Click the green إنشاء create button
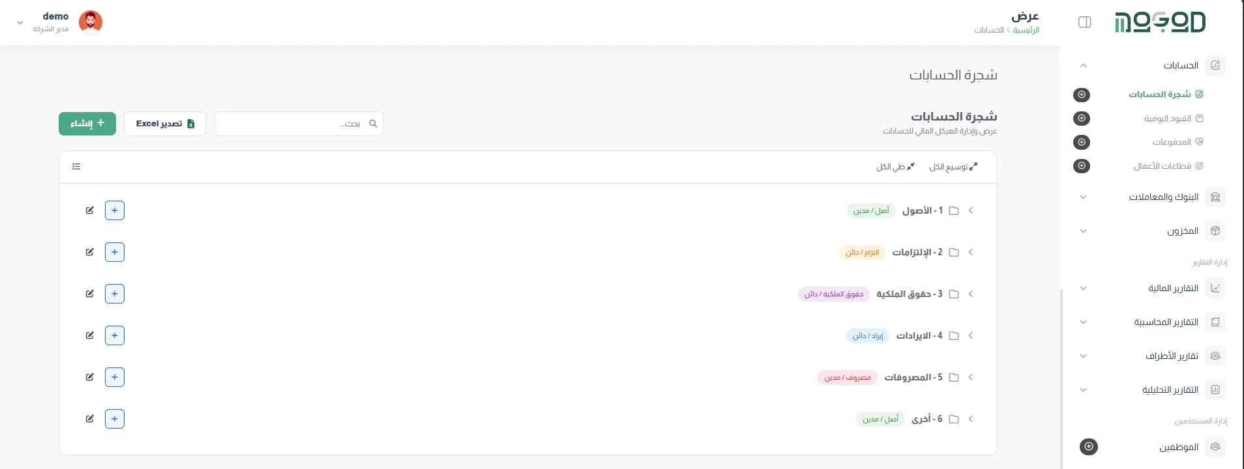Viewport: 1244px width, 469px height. pyautogui.click(x=87, y=124)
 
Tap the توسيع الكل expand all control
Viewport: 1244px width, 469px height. pyautogui.click(x=953, y=167)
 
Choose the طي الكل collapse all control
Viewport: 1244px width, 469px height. pyautogui.click(x=895, y=167)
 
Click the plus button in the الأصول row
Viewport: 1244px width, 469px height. pyautogui.click(x=115, y=210)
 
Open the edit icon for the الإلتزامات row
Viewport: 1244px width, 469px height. pyautogui.click(x=90, y=252)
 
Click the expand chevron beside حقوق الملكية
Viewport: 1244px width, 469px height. pyautogui.click(x=971, y=294)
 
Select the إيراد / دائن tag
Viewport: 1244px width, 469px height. pyautogui.click(x=868, y=335)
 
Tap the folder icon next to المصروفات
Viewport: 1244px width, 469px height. pyautogui.click(x=954, y=377)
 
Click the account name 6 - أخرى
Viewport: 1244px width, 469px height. pyautogui.click(x=927, y=419)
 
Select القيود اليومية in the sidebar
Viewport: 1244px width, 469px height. pyautogui.click(x=1168, y=119)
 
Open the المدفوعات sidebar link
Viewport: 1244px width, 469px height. pyautogui.click(x=1172, y=142)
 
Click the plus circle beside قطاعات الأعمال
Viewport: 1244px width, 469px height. pyautogui.click(x=1082, y=166)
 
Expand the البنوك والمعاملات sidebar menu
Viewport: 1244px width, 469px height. pyautogui.click(x=1164, y=197)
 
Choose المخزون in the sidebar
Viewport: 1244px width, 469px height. pyautogui.click(x=1183, y=231)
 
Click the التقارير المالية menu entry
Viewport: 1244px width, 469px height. pyautogui.click(x=1173, y=288)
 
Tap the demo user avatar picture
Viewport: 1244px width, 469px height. pyautogui.click(x=91, y=22)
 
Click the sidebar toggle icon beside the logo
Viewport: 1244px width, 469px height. pyautogui.click(x=1085, y=22)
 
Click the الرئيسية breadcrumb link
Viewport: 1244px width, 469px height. pyautogui.click(x=1026, y=30)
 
